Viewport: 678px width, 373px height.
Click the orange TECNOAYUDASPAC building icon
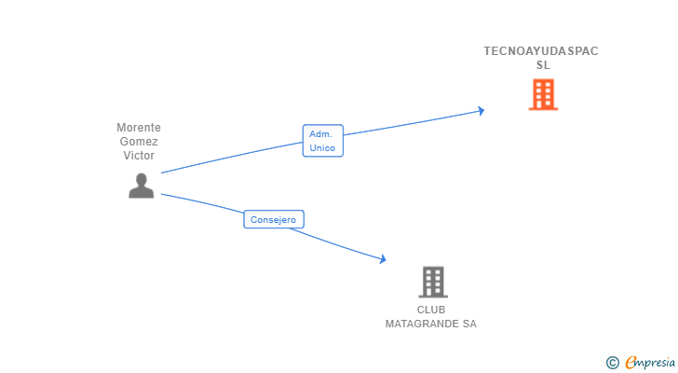543,94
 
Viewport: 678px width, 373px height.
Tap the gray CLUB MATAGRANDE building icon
432,282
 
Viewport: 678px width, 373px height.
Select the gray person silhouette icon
141,186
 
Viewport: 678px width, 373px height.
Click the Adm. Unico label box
322,141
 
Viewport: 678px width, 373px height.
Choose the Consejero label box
274,220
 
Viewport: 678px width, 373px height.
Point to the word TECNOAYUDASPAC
541,51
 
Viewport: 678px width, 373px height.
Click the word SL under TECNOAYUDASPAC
543,65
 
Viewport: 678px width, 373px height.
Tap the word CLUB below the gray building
431,310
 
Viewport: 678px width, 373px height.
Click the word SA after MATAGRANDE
468,324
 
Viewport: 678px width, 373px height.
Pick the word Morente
139,128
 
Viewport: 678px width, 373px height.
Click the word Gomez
139,142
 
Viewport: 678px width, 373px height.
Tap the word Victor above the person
139,156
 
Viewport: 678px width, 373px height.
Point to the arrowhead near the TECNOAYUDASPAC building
481,110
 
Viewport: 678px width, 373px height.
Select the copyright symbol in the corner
613,363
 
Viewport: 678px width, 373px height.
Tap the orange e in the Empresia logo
631,363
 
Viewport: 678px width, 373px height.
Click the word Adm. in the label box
321,134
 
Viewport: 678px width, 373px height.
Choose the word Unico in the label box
322,147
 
